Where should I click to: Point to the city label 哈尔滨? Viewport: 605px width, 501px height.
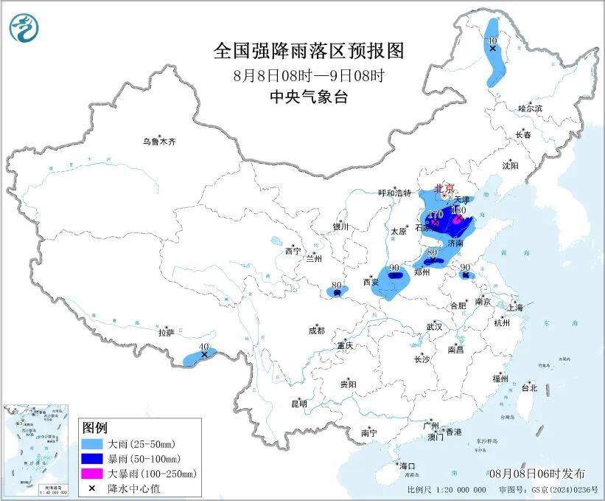(x=529, y=108)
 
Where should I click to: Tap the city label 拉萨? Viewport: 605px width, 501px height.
(x=166, y=333)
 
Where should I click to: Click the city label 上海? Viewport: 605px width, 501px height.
(x=514, y=307)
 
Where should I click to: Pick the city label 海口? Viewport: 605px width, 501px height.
(x=408, y=466)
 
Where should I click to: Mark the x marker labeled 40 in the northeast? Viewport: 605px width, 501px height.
(x=492, y=48)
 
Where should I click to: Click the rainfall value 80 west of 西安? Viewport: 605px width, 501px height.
(x=336, y=285)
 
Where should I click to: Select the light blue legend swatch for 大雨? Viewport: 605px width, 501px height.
(x=93, y=445)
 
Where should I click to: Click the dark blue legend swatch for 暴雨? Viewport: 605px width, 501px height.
(x=93, y=459)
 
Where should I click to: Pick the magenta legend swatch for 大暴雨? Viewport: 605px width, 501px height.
(x=93, y=473)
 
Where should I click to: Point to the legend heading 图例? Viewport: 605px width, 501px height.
(x=95, y=429)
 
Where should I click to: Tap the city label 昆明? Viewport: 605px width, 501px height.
(x=298, y=404)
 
